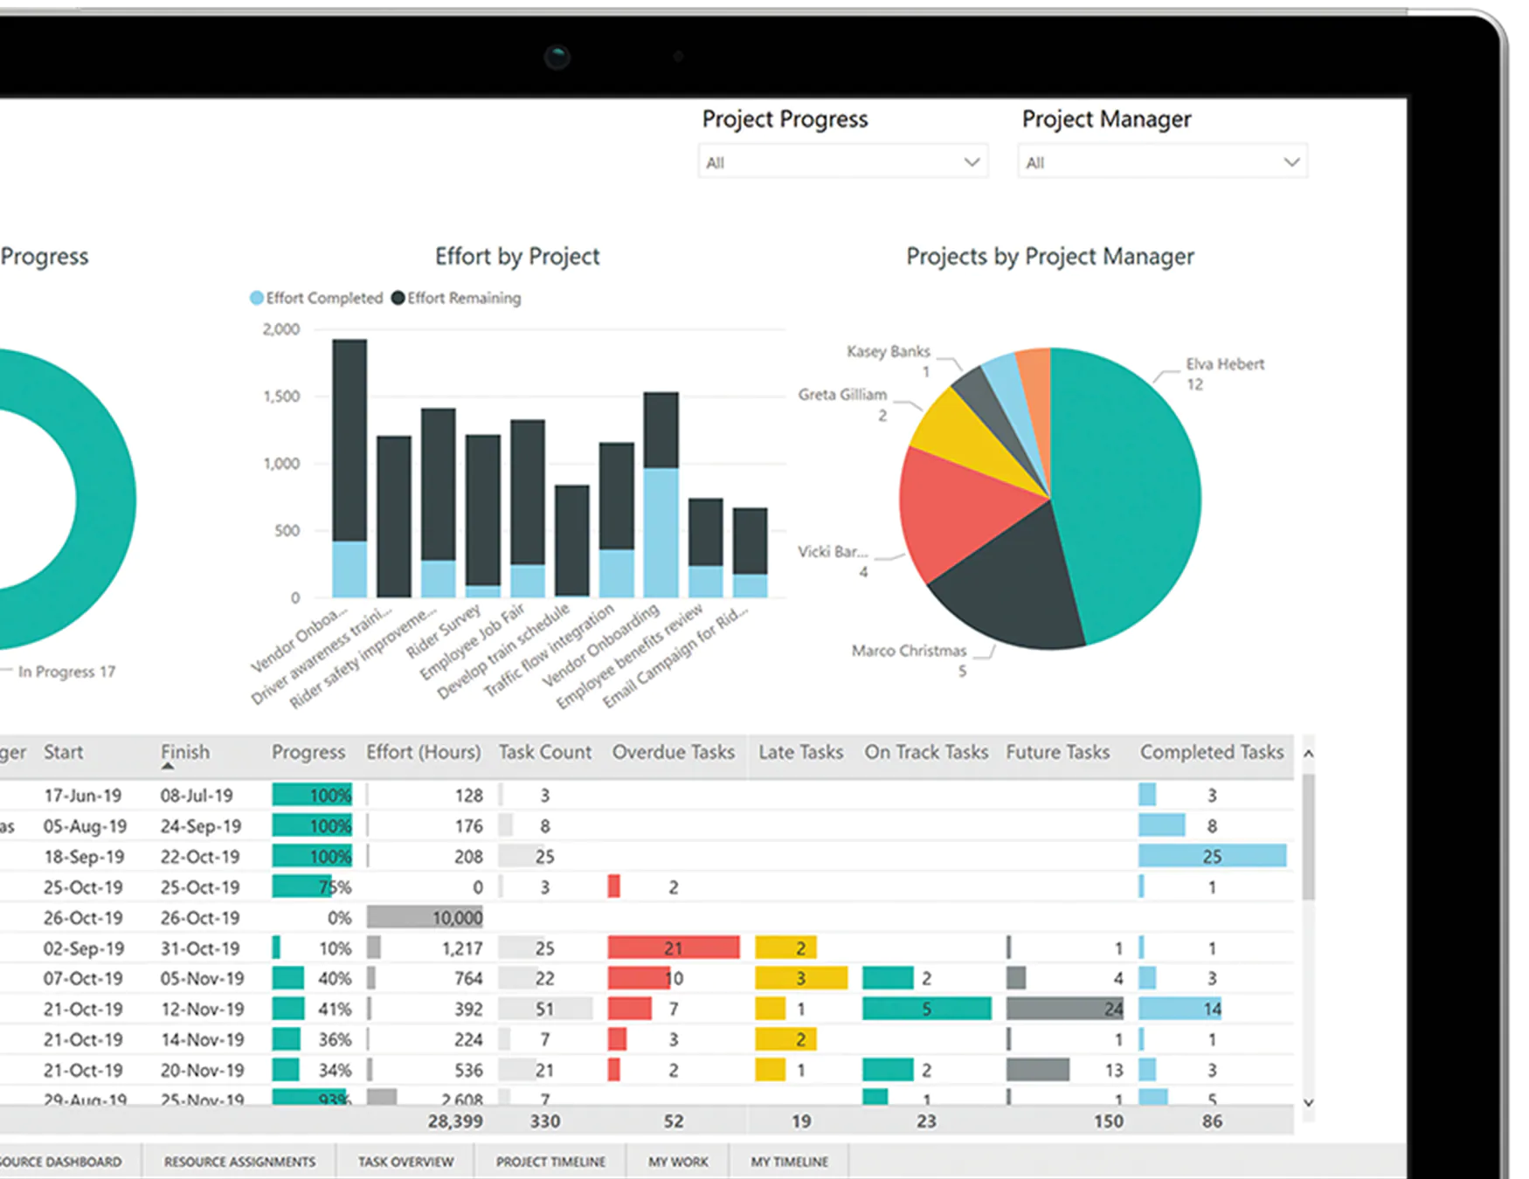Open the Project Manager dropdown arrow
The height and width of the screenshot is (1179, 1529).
tap(1290, 162)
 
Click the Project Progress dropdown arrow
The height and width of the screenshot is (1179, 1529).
tap(971, 162)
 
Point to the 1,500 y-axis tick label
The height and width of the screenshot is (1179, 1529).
tap(281, 396)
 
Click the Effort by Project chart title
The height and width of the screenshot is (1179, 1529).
tap(517, 257)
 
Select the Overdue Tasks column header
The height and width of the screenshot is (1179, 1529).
tap(673, 752)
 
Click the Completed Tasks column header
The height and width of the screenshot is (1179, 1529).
tap(1211, 752)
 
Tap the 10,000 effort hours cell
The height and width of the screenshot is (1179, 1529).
tap(425, 918)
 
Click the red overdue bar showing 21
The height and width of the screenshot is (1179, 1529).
tap(673, 948)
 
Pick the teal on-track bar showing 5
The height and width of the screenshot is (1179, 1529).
tap(926, 1010)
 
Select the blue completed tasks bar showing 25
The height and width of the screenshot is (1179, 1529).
tap(1211, 857)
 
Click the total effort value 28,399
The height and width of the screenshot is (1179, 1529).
tap(454, 1121)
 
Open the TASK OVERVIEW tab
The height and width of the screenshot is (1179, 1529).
tap(405, 1162)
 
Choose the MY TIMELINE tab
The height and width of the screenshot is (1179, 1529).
tap(789, 1162)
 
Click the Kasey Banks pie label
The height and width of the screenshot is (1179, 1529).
tap(888, 352)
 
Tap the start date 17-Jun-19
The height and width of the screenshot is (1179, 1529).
tap(83, 796)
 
